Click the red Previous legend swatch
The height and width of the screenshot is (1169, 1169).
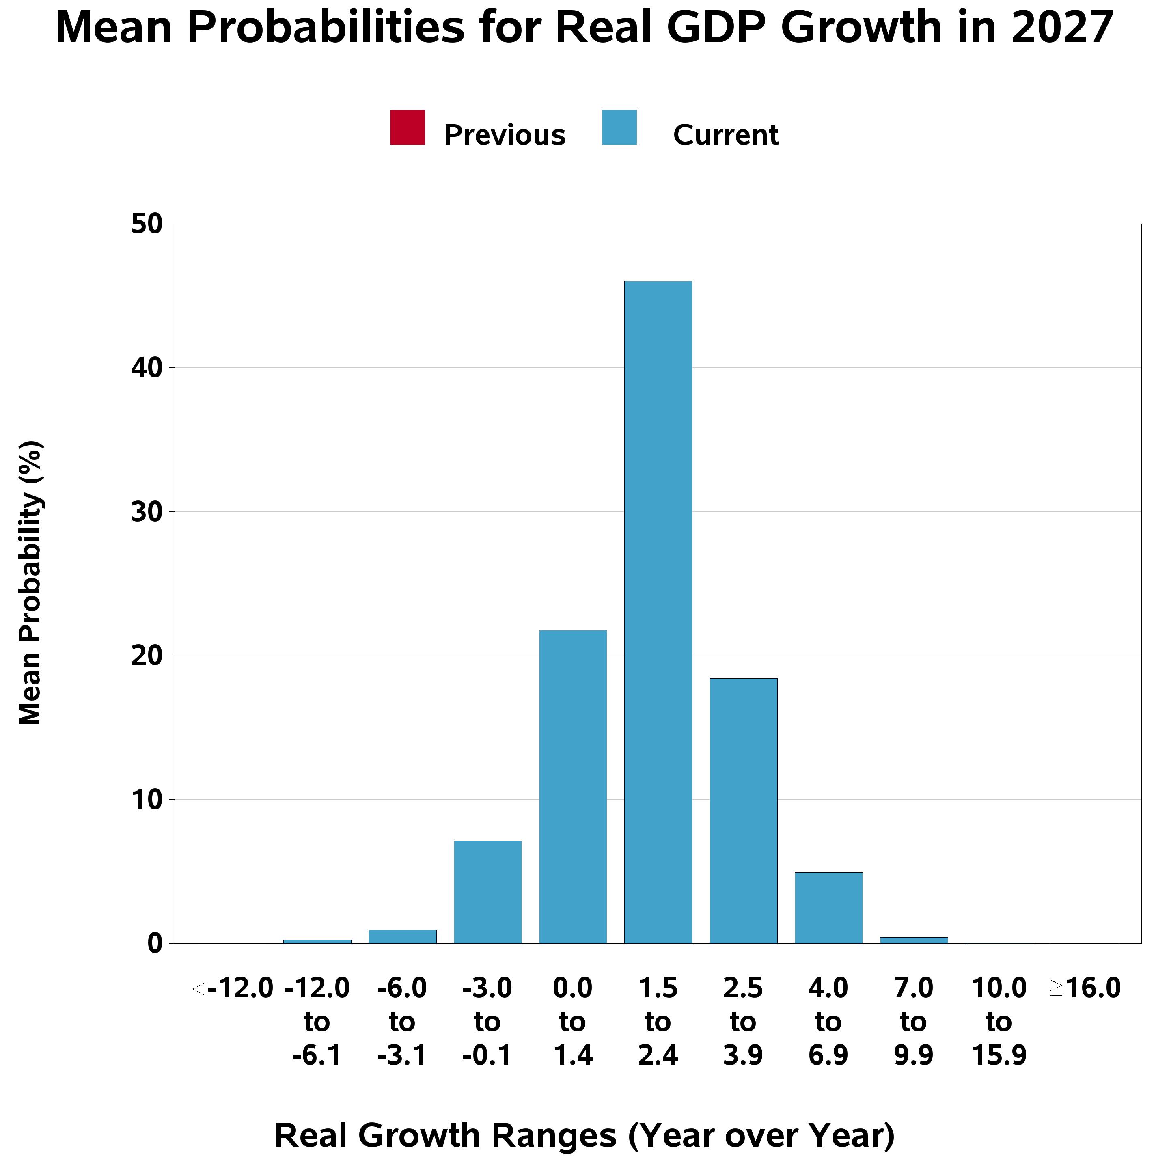407,127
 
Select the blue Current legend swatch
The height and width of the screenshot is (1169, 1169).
619,127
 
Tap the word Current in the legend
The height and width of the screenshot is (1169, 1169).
725,135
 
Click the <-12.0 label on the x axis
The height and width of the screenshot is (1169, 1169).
233,989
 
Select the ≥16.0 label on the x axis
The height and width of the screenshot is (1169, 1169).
1085,989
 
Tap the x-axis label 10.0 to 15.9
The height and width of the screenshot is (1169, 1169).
999,1022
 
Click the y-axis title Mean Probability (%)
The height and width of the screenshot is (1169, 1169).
30,583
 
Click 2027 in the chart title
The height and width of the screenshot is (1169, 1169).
1062,28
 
